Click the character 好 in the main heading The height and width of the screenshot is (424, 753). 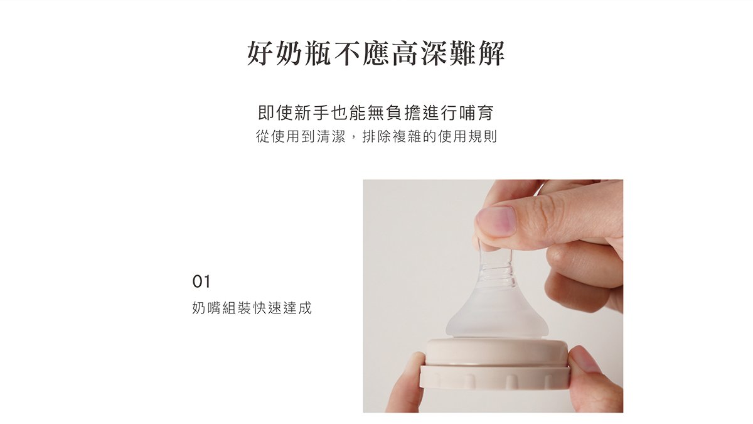point(260,53)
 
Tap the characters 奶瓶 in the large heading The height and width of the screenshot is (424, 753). point(304,53)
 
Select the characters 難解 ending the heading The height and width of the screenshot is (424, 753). point(477,53)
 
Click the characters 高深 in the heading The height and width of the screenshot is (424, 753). point(419,53)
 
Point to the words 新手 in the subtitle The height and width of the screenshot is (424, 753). point(311,112)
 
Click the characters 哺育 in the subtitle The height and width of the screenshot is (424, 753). point(476,112)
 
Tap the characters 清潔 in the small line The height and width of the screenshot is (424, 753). point(331,137)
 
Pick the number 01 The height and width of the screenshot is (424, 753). point(201,281)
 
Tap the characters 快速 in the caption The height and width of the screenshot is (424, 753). point(267,308)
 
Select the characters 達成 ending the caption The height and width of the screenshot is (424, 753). point(297,308)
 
